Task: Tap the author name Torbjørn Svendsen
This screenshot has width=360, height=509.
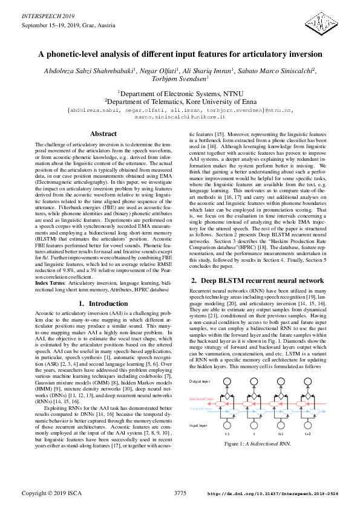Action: point(180,79)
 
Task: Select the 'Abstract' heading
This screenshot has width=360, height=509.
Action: point(103,134)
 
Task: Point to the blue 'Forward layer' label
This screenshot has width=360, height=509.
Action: point(201,409)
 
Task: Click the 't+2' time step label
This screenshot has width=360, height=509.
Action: point(307,434)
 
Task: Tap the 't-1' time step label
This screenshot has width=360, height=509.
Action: point(227,434)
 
